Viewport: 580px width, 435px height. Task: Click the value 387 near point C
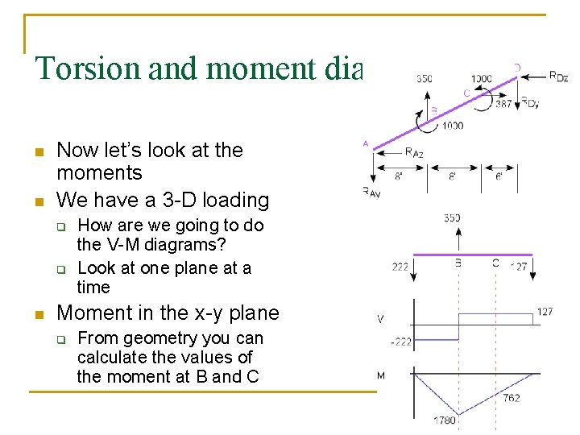503,104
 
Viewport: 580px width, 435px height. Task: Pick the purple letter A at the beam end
366,143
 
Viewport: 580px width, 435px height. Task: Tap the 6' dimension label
499,176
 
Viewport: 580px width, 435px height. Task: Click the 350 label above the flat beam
452,217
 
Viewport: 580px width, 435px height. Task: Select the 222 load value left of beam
400,267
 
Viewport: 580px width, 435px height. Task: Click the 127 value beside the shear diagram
545,312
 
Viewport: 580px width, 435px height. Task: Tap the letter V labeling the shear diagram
380,319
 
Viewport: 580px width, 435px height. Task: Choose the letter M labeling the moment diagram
381,375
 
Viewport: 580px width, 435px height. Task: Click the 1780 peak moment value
445,420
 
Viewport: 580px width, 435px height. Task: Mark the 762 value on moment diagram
512,397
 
